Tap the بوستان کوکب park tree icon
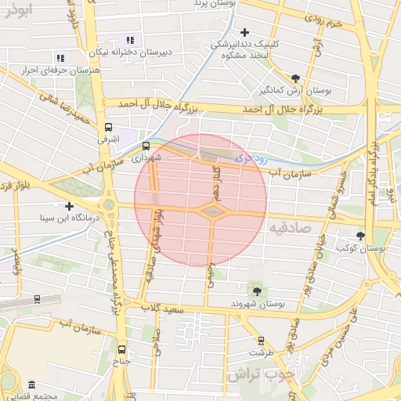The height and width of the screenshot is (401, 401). (361, 235)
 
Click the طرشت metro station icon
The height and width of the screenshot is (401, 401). (262, 341)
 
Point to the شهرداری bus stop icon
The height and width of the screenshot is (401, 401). (146, 145)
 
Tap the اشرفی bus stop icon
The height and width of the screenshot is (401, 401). (108, 126)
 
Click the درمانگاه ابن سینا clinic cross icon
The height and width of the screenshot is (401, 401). (70, 206)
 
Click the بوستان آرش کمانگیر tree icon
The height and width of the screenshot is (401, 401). (295, 78)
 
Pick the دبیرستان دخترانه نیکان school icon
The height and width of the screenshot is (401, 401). (130, 40)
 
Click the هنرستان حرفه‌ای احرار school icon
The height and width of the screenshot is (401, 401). (60, 58)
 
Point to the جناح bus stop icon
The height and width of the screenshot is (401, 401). (121, 349)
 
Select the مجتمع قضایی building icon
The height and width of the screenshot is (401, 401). (31, 385)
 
